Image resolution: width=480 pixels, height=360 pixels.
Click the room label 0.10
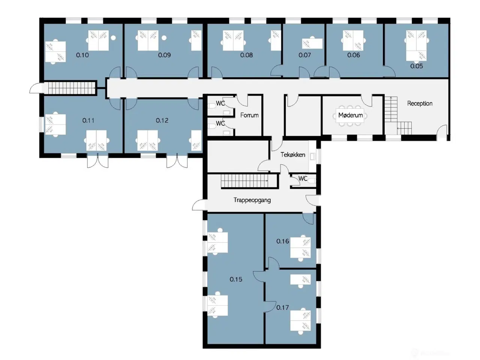[82, 55]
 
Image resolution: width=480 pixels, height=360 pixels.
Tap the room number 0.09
[165, 55]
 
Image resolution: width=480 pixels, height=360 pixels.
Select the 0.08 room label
[246, 55]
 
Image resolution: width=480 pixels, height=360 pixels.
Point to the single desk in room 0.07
[312, 43]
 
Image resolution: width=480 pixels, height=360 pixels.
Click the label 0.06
[354, 55]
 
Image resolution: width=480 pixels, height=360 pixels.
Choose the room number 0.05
[417, 66]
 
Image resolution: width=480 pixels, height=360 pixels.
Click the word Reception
[420, 103]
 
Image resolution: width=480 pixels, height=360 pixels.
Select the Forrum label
[249, 115]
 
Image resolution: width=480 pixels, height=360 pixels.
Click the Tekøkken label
[293, 155]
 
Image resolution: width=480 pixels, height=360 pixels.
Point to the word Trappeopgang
[252, 200]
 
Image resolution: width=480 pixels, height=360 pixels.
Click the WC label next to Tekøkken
[303, 178]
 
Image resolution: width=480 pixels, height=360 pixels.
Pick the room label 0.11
[88, 120]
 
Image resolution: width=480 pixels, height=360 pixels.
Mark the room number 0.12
[162, 120]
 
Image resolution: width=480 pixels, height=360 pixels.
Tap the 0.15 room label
[236, 279]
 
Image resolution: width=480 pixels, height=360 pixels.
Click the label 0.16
[282, 241]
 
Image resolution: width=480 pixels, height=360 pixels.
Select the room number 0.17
[282, 307]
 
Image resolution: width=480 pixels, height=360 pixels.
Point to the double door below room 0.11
[98, 160]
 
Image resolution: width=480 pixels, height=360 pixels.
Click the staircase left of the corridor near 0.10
[72, 88]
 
